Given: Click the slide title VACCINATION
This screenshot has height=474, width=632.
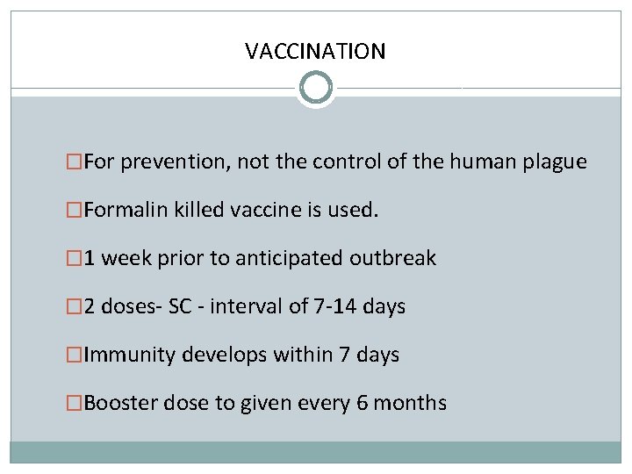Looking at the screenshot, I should pos(315,51).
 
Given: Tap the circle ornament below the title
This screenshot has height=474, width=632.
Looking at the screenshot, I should pos(316,88).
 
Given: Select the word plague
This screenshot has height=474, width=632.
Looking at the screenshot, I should pos(556,162).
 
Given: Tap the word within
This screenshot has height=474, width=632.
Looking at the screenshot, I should pos(299,355).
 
